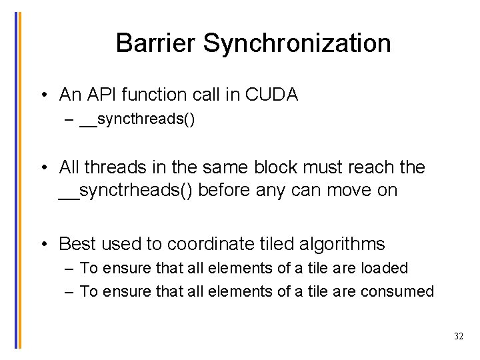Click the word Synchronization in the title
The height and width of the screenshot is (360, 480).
tap(297, 43)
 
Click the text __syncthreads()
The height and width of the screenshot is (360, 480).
tap(137, 121)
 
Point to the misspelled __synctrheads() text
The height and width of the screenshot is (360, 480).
tap(126, 190)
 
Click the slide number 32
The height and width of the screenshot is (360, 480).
tap(458, 337)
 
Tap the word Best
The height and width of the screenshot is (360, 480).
tap(78, 244)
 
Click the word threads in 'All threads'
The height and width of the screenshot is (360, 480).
tap(115, 167)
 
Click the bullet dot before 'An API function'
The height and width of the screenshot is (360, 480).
tap(43, 95)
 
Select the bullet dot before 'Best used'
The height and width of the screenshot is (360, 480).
tap(43, 244)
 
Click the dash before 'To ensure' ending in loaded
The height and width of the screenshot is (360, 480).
tap(70, 268)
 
